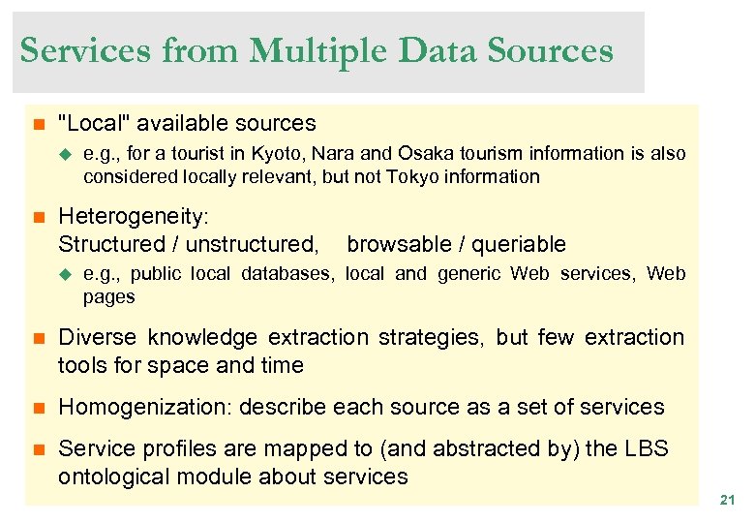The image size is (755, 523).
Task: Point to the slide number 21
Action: (x=727, y=500)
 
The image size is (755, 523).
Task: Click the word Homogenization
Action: (x=144, y=407)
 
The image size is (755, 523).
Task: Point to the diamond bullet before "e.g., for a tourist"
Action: (x=67, y=153)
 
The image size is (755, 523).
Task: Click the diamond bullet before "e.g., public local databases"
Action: (x=67, y=274)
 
